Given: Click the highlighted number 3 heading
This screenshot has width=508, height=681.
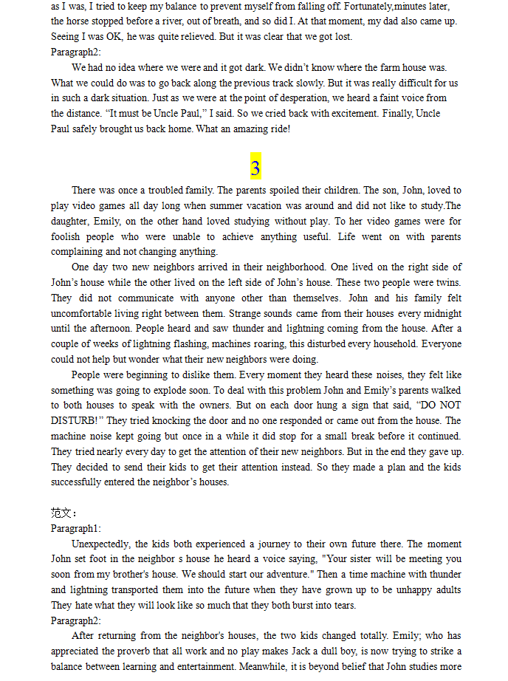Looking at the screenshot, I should click(255, 168).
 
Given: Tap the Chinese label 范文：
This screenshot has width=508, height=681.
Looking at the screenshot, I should click(64, 513).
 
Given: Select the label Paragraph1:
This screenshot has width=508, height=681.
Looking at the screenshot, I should click(75, 528).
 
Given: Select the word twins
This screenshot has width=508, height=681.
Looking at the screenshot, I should click(445, 283).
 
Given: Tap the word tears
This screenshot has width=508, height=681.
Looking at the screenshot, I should click(342, 606).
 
